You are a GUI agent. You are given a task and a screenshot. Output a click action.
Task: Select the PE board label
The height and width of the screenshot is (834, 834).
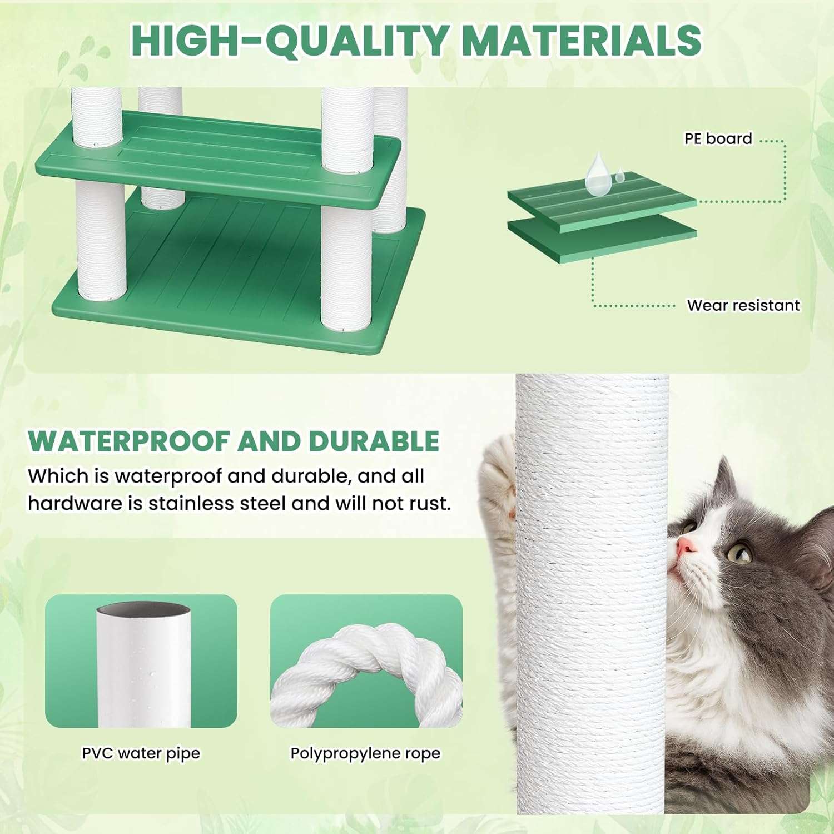(x=718, y=138)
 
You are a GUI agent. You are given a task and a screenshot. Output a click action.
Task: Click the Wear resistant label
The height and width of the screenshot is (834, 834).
(x=743, y=305)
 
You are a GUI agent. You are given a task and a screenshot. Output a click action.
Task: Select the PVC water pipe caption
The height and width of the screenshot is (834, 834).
(x=141, y=753)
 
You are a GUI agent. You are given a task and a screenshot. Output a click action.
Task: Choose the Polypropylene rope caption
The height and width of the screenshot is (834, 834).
(x=365, y=753)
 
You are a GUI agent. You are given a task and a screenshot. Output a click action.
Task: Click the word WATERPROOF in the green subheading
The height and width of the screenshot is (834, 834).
(x=129, y=441)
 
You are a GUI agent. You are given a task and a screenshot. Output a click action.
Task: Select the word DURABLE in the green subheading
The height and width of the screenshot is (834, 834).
(x=374, y=441)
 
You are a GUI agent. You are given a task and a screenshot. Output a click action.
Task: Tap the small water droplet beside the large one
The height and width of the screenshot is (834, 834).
(x=619, y=177)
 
